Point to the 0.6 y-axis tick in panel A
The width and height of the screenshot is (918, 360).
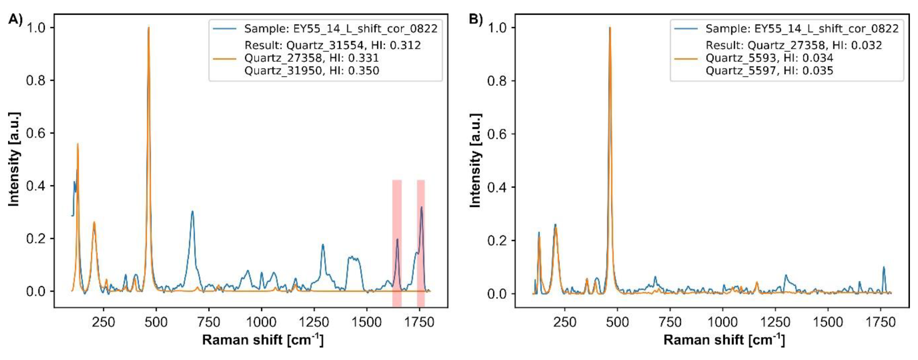37,133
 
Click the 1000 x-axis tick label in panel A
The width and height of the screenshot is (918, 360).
261,322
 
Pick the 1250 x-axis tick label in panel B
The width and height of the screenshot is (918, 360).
775,322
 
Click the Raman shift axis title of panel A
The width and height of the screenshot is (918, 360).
263,340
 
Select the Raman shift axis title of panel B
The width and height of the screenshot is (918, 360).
724,340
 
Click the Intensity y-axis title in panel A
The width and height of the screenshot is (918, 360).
14,159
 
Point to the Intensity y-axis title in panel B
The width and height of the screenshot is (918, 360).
476,160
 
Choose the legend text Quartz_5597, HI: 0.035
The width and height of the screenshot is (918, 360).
769,71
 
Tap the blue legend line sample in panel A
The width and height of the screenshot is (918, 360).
225,29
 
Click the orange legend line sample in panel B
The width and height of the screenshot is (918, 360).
686,58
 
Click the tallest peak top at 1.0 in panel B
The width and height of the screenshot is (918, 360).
610,28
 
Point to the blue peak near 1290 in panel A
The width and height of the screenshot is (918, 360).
323,245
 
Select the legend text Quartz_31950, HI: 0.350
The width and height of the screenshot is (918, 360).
311,71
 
